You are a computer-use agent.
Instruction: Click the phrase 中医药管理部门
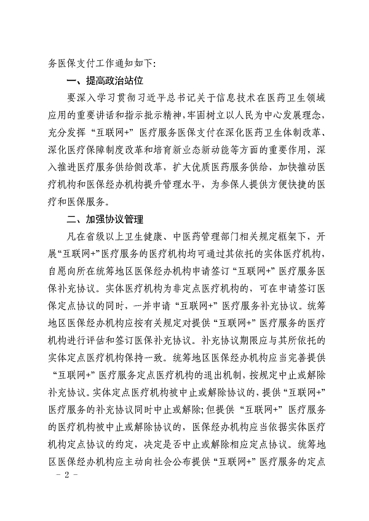pyautogui.click(x=193, y=237)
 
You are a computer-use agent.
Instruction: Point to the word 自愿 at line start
pyautogui.click(x=58, y=272)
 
